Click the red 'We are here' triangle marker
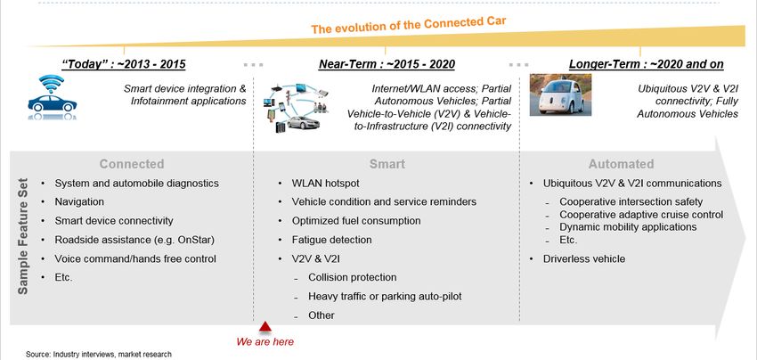(x=265, y=327)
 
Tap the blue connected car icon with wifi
(x=53, y=97)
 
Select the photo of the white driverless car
(x=560, y=94)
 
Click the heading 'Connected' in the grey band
(x=132, y=164)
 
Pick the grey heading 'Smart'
(x=387, y=164)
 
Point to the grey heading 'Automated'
(x=621, y=164)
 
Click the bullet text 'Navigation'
(x=79, y=202)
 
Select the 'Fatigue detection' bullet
(x=331, y=240)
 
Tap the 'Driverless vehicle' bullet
(x=584, y=259)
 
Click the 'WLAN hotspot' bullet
(x=325, y=184)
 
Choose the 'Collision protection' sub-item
(x=353, y=277)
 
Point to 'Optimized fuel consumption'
(x=356, y=221)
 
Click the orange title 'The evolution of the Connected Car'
(x=409, y=25)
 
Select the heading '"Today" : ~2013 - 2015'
(x=124, y=64)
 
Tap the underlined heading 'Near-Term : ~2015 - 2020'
(x=387, y=64)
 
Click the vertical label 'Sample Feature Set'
(x=22, y=236)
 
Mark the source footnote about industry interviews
(x=99, y=354)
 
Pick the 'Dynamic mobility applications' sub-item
(x=628, y=227)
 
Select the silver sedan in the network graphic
(x=303, y=123)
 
